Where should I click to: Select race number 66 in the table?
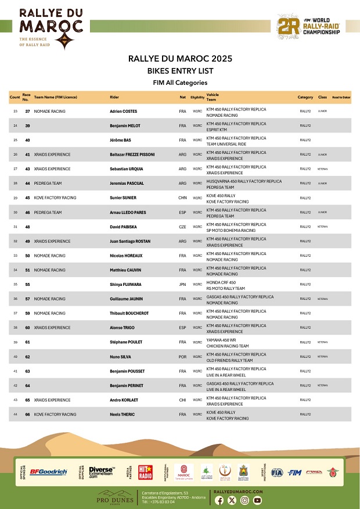(27, 431)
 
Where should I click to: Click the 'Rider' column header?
(114, 97)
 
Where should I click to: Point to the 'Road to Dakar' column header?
(341, 97)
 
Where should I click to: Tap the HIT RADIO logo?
(145, 471)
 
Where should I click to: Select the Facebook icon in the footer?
(219, 500)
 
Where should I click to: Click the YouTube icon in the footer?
(257, 500)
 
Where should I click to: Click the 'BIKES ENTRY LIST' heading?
(180, 71)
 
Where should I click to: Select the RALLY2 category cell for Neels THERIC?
(305, 431)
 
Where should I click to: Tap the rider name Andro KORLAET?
(124, 416)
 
